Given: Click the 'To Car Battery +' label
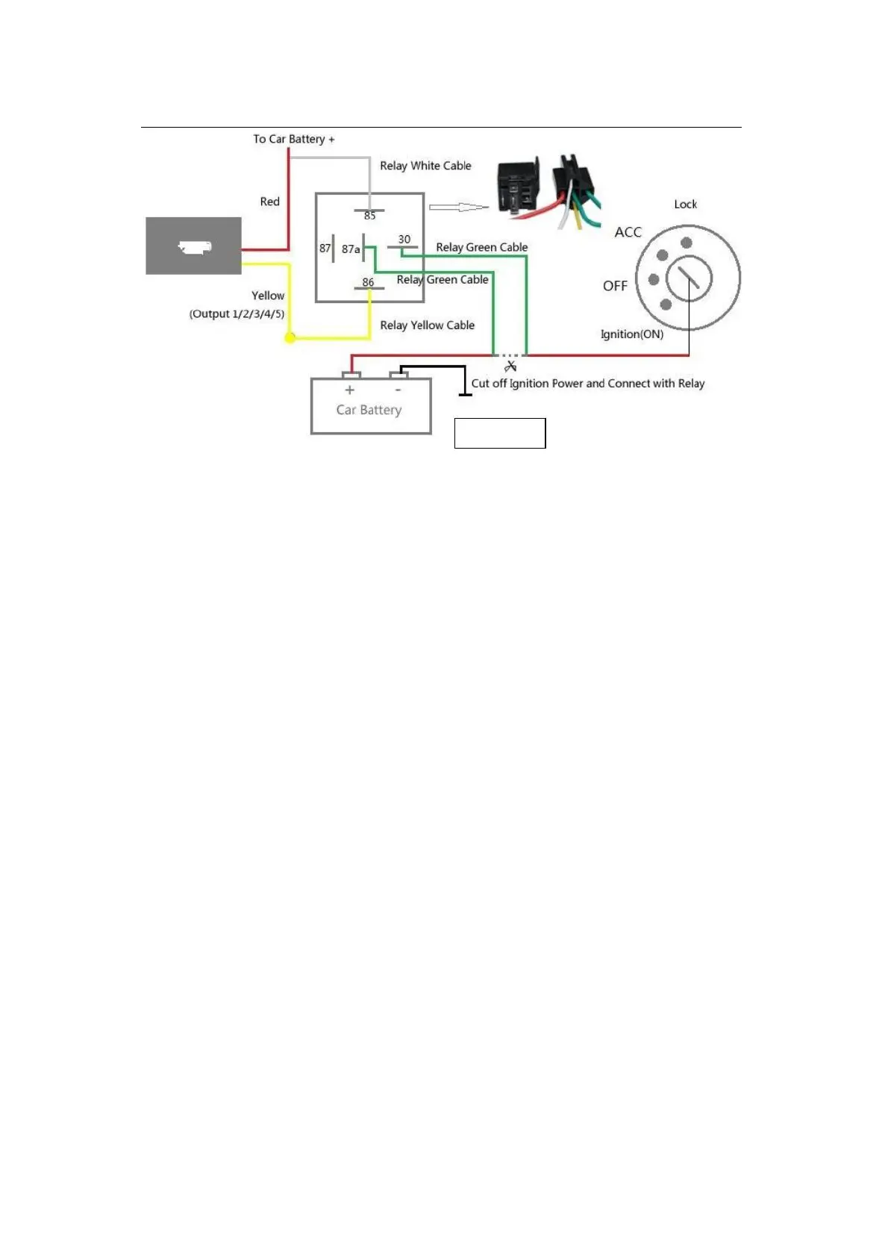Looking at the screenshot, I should [x=293, y=139].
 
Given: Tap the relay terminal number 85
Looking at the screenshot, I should [x=370, y=216].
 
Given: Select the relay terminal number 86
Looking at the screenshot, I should [x=368, y=282].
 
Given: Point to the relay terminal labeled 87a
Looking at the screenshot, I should [x=351, y=249].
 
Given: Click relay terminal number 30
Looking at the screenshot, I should [x=404, y=240].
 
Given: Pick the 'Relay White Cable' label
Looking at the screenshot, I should [x=425, y=166].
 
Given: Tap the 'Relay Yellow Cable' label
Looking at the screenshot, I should [x=427, y=325].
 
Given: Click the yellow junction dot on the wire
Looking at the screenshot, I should [x=290, y=338].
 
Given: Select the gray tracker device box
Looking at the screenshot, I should [x=193, y=246].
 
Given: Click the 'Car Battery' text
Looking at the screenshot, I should [x=369, y=410].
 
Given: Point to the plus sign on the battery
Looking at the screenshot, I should [x=349, y=390].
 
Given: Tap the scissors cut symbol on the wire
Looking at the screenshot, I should [x=511, y=366].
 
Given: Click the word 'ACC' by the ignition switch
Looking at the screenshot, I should [x=628, y=232].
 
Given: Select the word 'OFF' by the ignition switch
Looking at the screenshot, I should [x=615, y=286].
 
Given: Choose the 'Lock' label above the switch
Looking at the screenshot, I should [x=685, y=205].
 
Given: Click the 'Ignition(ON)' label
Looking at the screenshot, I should [x=631, y=334].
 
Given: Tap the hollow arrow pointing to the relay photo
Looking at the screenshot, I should [x=457, y=207].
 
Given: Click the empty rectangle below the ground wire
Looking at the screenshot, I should [x=500, y=433].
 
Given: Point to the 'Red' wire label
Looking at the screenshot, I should [x=269, y=202].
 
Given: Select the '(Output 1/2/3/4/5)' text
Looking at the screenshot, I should [x=237, y=314].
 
